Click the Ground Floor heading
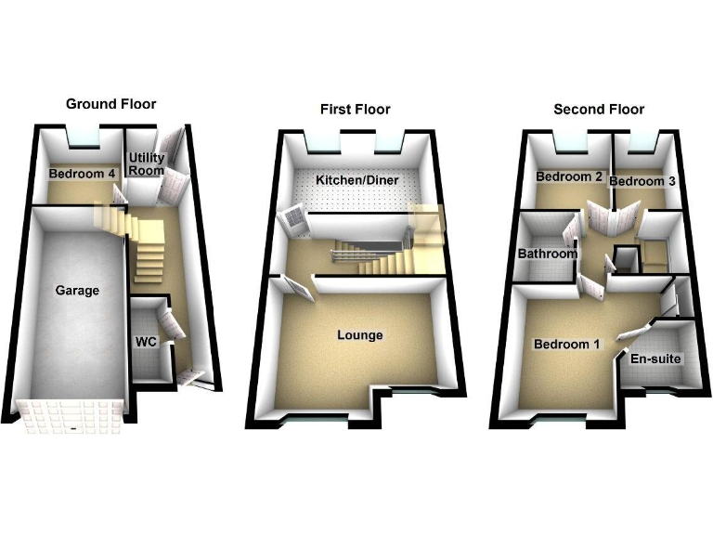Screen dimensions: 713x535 pyautogui.click(x=110, y=104)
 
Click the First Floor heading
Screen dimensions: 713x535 pyautogui.click(x=356, y=110)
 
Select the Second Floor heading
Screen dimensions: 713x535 pyautogui.click(x=599, y=110)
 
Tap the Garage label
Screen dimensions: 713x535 pyautogui.click(x=77, y=291)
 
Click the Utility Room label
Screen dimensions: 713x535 pyautogui.click(x=146, y=164)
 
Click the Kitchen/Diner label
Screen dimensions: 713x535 pyautogui.click(x=353, y=179)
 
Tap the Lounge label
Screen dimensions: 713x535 pyautogui.click(x=360, y=335)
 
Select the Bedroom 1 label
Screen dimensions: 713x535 pyautogui.click(x=567, y=345)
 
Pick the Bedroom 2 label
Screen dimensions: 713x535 pyautogui.click(x=569, y=176)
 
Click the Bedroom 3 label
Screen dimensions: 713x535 pyautogui.click(x=642, y=181)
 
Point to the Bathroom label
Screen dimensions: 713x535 pyautogui.click(x=548, y=254)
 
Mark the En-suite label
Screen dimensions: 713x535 pyautogui.click(x=656, y=358)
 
